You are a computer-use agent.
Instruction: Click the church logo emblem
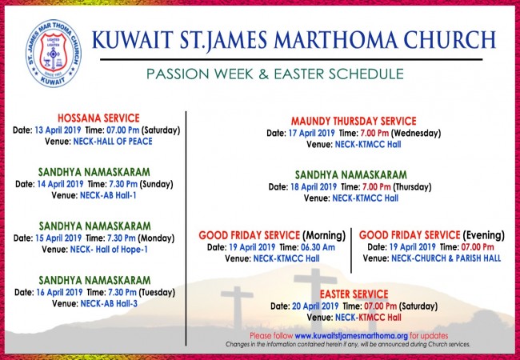coord(54,53)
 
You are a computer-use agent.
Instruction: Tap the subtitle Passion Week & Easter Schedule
coord(275,74)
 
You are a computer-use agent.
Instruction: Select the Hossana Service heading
coord(98,118)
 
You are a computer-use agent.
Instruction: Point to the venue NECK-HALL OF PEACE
coord(113,142)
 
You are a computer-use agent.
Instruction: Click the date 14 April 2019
coord(60,184)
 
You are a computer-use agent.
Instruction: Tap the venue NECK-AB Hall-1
coord(108,195)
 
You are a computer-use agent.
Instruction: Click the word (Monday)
coord(156,238)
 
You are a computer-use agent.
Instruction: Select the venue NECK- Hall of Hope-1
coord(109,250)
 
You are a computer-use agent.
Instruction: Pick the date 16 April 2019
coord(59,292)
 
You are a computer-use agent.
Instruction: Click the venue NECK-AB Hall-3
coord(109,304)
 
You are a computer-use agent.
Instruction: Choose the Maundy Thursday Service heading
coord(354,121)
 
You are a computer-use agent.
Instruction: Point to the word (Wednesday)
coord(416,134)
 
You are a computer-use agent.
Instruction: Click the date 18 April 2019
coord(314,187)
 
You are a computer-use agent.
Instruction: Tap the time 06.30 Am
coord(318,247)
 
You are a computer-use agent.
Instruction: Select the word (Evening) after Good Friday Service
coord(483,235)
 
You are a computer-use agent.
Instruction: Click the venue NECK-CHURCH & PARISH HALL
coord(446,258)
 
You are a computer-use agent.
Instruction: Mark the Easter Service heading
coord(354,294)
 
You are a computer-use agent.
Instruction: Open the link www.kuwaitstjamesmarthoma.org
coord(351,336)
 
